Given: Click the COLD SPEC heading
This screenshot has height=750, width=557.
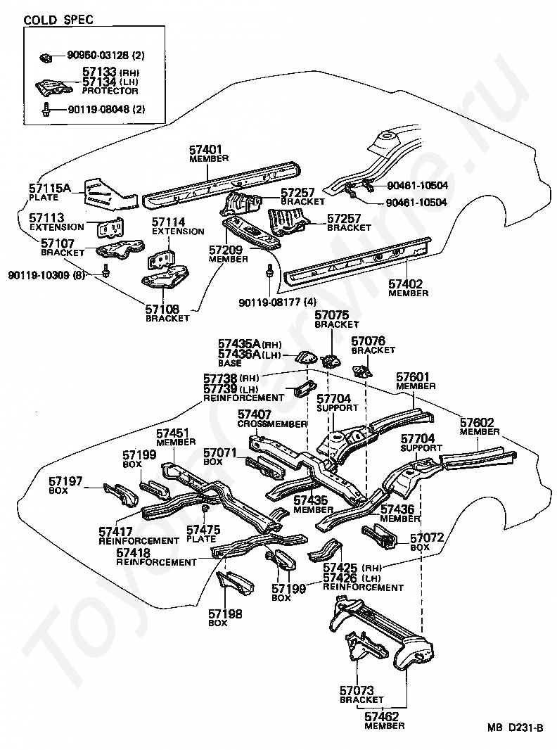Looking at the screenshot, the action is [x=58, y=20].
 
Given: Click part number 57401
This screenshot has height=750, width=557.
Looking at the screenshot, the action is [x=206, y=150].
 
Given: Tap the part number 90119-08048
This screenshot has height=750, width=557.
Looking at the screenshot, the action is [x=99, y=109].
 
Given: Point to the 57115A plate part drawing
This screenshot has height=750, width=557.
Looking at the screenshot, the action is [x=109, y=195].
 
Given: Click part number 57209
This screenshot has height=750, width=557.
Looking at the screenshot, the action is [x=226, y=250].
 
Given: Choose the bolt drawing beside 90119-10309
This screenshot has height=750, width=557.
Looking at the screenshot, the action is [x=105, y=270].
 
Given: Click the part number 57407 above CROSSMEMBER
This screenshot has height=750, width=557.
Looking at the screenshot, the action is [x=255, y=414].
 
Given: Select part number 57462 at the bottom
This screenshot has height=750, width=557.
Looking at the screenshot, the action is [x=382, y=716].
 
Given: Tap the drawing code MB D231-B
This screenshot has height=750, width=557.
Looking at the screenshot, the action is [x=516, y=728].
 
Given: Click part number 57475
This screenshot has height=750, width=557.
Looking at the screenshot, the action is [x=203, y=530].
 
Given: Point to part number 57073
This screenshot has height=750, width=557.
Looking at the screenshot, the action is [x=357, y=690].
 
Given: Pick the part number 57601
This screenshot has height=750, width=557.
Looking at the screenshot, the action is [x=413, y=377].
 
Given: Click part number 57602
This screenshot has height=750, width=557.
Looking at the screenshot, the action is [x=477, y=423].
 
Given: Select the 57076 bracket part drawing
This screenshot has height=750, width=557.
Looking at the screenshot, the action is [x=362, y=371].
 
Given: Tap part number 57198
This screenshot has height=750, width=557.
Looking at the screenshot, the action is [x=225, y=614].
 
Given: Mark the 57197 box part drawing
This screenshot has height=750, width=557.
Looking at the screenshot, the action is [x=120, y=494].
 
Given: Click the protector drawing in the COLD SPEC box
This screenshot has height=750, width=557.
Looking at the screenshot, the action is [x=53, y=87].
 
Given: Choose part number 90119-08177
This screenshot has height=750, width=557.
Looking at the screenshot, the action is [x=271, y=303].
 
